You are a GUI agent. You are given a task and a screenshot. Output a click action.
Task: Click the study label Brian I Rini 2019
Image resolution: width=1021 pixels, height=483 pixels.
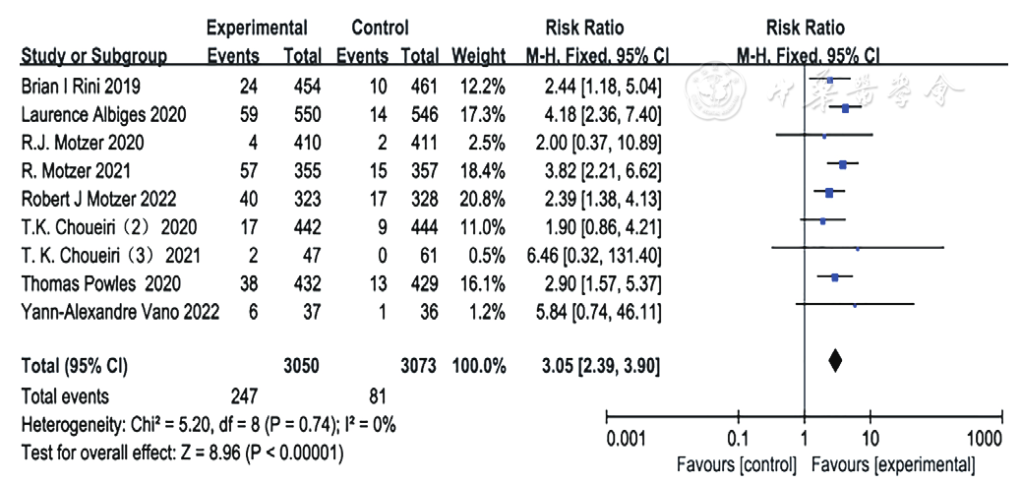pyautogui.click(x=80, y=87)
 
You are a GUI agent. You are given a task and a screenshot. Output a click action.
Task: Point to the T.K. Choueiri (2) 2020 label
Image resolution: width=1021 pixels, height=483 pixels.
pyautogui.click(x=109, y=227)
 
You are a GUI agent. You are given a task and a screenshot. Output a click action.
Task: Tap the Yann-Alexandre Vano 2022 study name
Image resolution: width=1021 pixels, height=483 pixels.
pyautogui.click(x=120, y=312)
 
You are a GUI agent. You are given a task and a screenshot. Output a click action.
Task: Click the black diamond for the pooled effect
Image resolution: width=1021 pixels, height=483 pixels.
pyautogui.click(x=835, y=361)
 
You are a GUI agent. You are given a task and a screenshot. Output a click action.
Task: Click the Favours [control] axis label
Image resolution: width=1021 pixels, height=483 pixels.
pyautogui.click(x=736, y=465)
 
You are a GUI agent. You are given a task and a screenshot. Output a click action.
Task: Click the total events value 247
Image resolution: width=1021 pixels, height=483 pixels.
pyautogui.click(x=240, y=395)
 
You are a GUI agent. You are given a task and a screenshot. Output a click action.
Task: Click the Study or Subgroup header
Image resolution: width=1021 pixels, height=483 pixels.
pyautogui.click(x=93, y=57)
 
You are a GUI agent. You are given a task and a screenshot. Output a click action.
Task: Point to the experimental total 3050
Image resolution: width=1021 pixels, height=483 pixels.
pyautogui.click(x=302, y=367)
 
